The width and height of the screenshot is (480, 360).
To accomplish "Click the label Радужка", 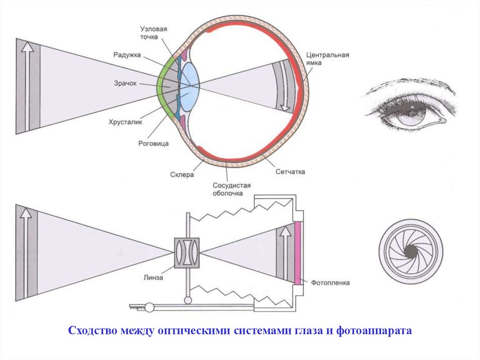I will (127, 55).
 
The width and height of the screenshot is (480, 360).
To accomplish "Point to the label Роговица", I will (153, 144).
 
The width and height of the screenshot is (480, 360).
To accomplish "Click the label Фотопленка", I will (330, 283).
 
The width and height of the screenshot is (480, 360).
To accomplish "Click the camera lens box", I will (187, 253).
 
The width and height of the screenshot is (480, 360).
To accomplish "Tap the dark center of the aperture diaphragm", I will (410, 251).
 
